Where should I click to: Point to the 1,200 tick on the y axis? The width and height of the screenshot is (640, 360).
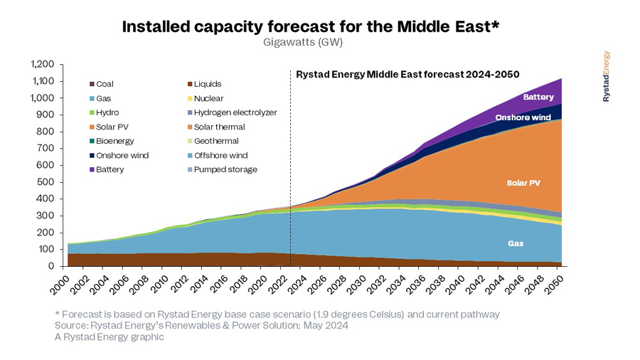43,64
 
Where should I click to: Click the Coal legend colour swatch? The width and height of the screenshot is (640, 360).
92,84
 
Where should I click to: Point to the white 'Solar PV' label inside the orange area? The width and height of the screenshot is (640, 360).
524,183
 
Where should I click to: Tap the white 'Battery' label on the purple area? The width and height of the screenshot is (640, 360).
538,97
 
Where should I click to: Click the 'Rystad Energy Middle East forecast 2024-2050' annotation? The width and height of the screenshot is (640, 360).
407,74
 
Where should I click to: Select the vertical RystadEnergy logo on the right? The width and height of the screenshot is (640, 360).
607,76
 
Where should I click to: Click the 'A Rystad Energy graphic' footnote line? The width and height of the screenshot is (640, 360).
110,337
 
